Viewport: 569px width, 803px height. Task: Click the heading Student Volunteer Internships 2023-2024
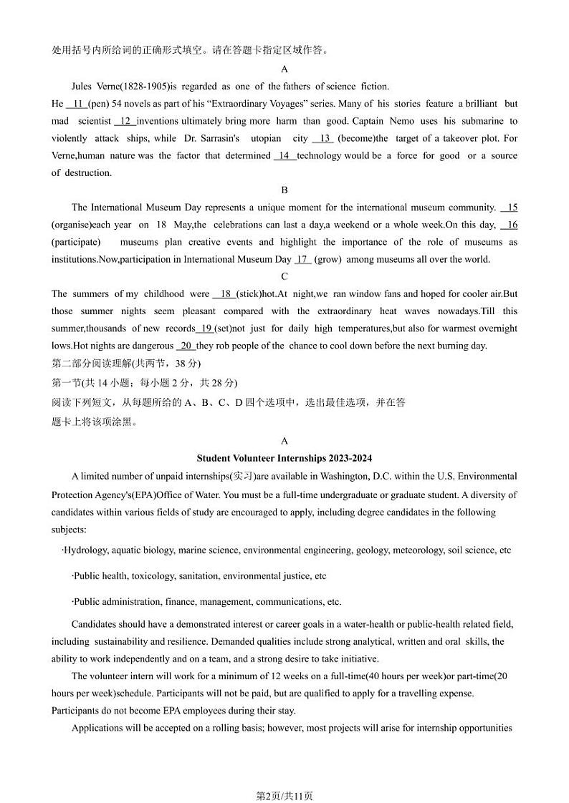click(284, 458)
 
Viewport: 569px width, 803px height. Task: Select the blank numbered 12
click(125, 121)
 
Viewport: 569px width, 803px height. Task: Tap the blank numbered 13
click(323, 138)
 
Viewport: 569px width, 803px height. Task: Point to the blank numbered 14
click(284, 155)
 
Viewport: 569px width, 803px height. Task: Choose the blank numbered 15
click(510, 208)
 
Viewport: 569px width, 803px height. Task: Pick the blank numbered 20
click(185, 346)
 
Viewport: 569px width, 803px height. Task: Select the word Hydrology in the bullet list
click(86, 550)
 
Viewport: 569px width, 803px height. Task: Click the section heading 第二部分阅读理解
click(92, 364)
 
